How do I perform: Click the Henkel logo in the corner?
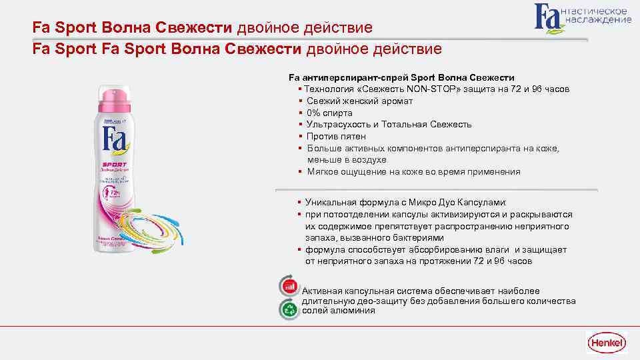(x=606, y=342)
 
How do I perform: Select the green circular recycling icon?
(x=289, y=308)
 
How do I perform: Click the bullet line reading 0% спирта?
(x=329, y=113)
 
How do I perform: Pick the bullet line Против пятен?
(x=336, y=136)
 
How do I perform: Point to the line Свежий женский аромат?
(x=360, y=101)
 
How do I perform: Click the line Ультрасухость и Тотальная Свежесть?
(x=389, y=124)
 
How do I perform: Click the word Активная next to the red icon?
(x=322, y=291)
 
